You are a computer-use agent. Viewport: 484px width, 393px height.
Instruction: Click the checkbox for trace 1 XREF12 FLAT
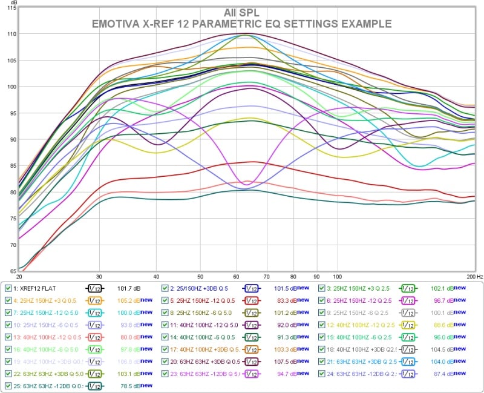[8, 289]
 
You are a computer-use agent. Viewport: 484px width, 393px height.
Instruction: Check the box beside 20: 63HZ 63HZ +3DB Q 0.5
[165, 361]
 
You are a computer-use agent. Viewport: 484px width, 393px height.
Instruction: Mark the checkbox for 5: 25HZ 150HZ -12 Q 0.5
[165, 300]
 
